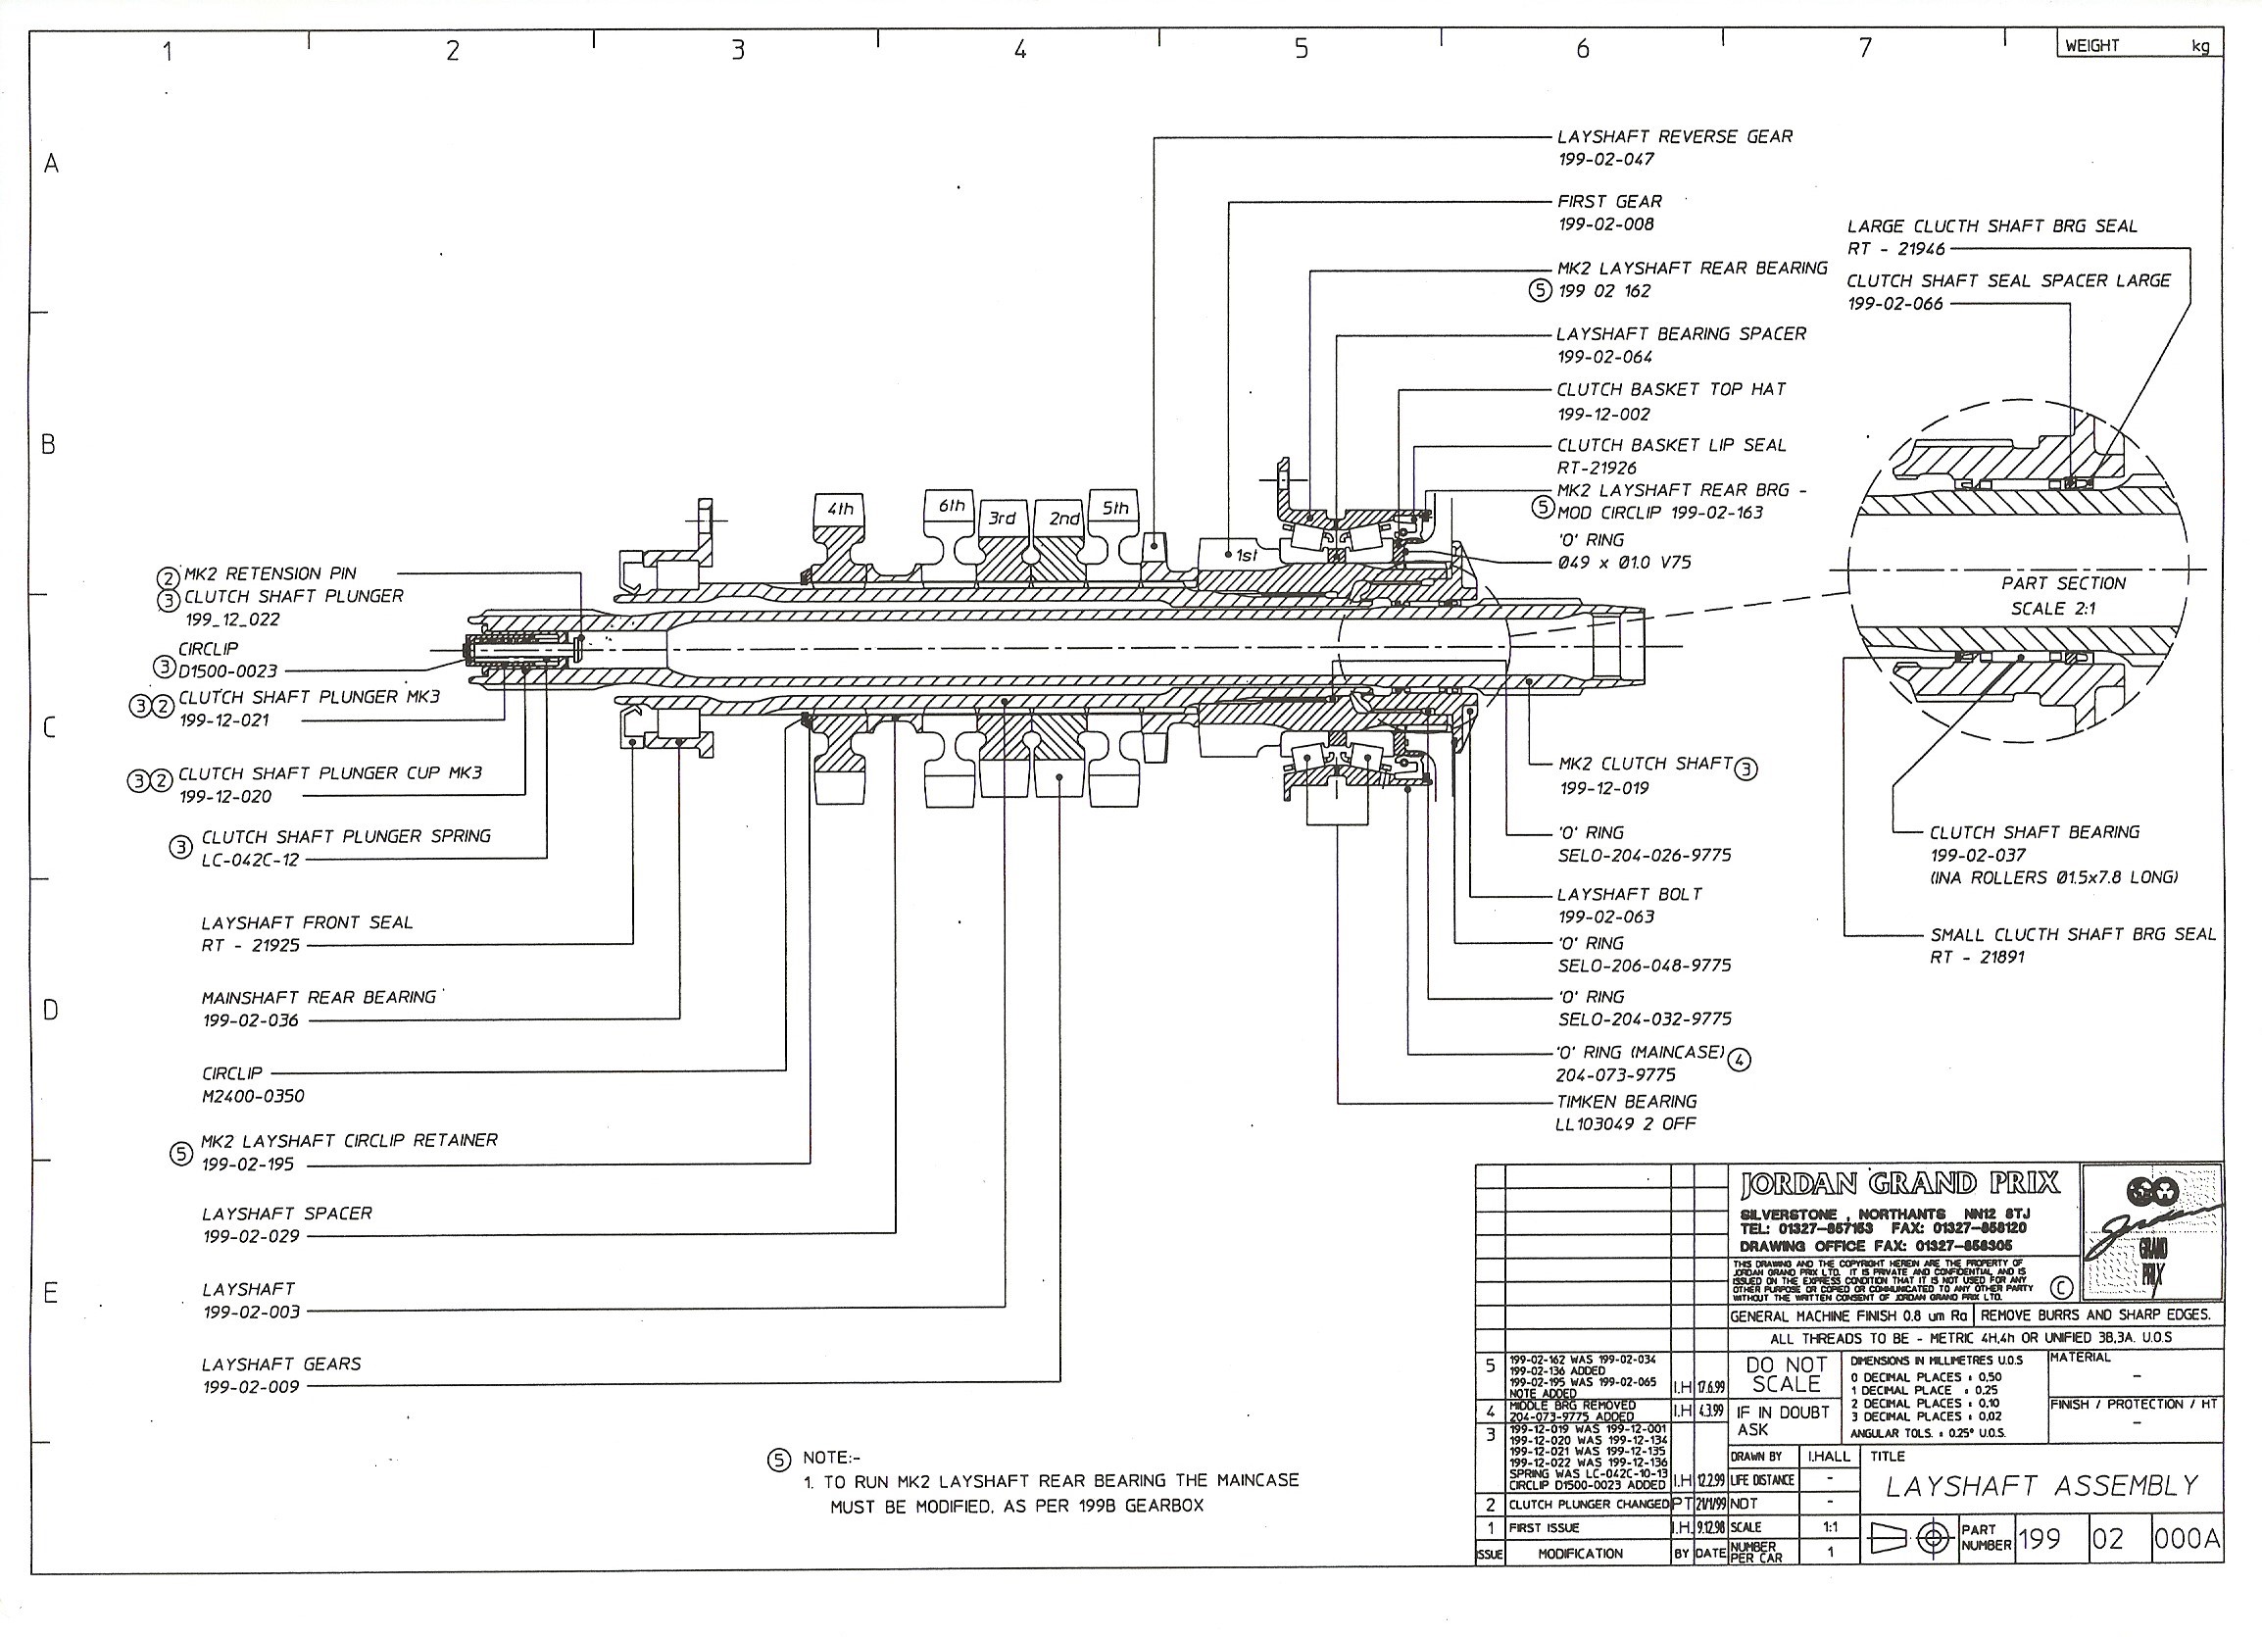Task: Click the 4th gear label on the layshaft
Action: (840, 509)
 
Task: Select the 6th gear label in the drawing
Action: (951, 506)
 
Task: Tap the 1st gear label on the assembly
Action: (1246, 556)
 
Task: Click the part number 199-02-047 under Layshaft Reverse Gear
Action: (1605, 160)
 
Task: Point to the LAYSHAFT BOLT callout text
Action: (1630, 894)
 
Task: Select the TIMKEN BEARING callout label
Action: (1626, 1102)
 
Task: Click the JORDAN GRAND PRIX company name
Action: (1899, 1184)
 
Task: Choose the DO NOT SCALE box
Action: (1786, 1374)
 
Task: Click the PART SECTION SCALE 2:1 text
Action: (2062, 596)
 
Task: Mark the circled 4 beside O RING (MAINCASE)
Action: (1739, 1060)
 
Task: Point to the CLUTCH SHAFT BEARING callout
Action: (2034, 832)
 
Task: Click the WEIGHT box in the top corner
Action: (2138, 45)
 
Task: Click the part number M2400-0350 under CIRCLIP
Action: (252, 1096)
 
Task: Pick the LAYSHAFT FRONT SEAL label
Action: (306, 922)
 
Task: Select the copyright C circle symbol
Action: (2061, 1288)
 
